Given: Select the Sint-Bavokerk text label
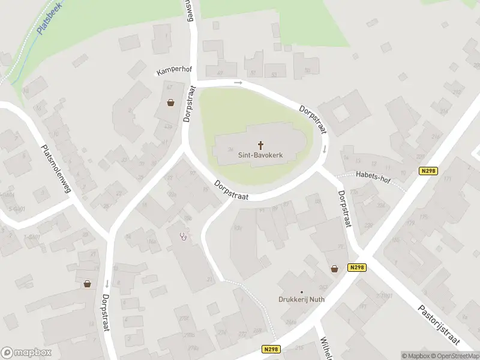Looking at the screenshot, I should point(260,155).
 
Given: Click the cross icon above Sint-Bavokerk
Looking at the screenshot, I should point(261,145).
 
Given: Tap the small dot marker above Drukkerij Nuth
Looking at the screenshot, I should point(301,292).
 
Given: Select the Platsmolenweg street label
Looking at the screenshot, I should point(56,169).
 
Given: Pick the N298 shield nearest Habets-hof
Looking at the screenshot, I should point(428,171).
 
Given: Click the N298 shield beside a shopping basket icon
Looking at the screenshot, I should point(356,268).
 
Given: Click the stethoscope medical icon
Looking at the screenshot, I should point(184,236).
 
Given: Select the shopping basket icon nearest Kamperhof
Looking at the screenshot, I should point(171,103).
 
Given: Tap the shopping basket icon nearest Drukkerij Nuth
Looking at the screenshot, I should point(334,269).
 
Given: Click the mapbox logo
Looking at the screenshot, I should point(26,353).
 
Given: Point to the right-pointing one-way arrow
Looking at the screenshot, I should point(238,82).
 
